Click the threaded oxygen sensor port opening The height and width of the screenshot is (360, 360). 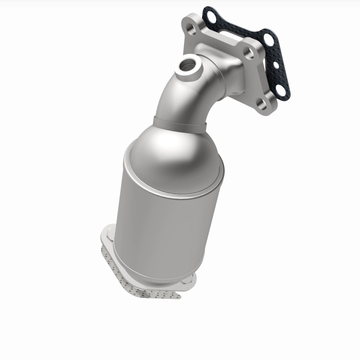[x=186, y=64]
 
